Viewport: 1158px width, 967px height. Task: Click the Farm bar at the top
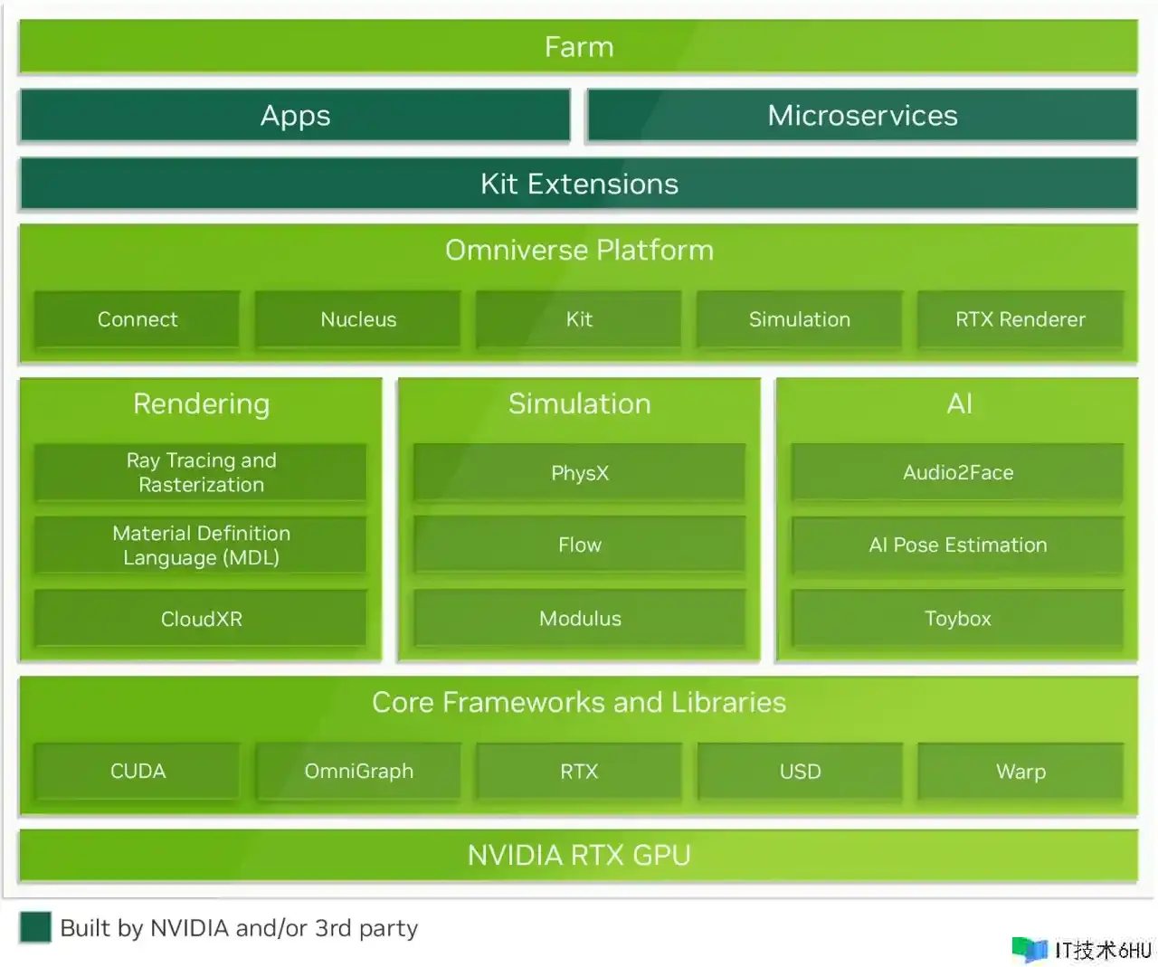(578, 46)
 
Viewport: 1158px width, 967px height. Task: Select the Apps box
(295, 116)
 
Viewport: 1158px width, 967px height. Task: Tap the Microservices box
(862, 116)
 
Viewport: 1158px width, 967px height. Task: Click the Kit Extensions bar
(578, 184)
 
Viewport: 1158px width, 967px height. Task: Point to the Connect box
(138, 319)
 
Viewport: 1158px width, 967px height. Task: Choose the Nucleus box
(358, 319)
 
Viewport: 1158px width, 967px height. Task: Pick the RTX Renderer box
(1020, 319)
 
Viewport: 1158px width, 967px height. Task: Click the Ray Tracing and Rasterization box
(201, 472)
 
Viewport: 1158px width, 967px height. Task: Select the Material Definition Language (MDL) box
(201, 545)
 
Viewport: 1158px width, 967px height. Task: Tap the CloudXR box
(201, 619)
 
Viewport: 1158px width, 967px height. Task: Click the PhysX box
(580, 472)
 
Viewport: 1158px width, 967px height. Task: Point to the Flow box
(580, 545)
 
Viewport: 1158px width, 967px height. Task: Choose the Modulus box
(580, 619)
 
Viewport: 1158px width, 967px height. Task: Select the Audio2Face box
(958, 472)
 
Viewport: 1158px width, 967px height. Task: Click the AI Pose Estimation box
(958, 545)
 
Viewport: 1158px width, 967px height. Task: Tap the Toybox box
(958, 619)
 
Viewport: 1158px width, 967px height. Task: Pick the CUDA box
(138, 772)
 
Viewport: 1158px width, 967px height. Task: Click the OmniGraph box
(358, 772)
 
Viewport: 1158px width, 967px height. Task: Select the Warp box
(1020, 772)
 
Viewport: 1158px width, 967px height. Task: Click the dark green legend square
(35, 927)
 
